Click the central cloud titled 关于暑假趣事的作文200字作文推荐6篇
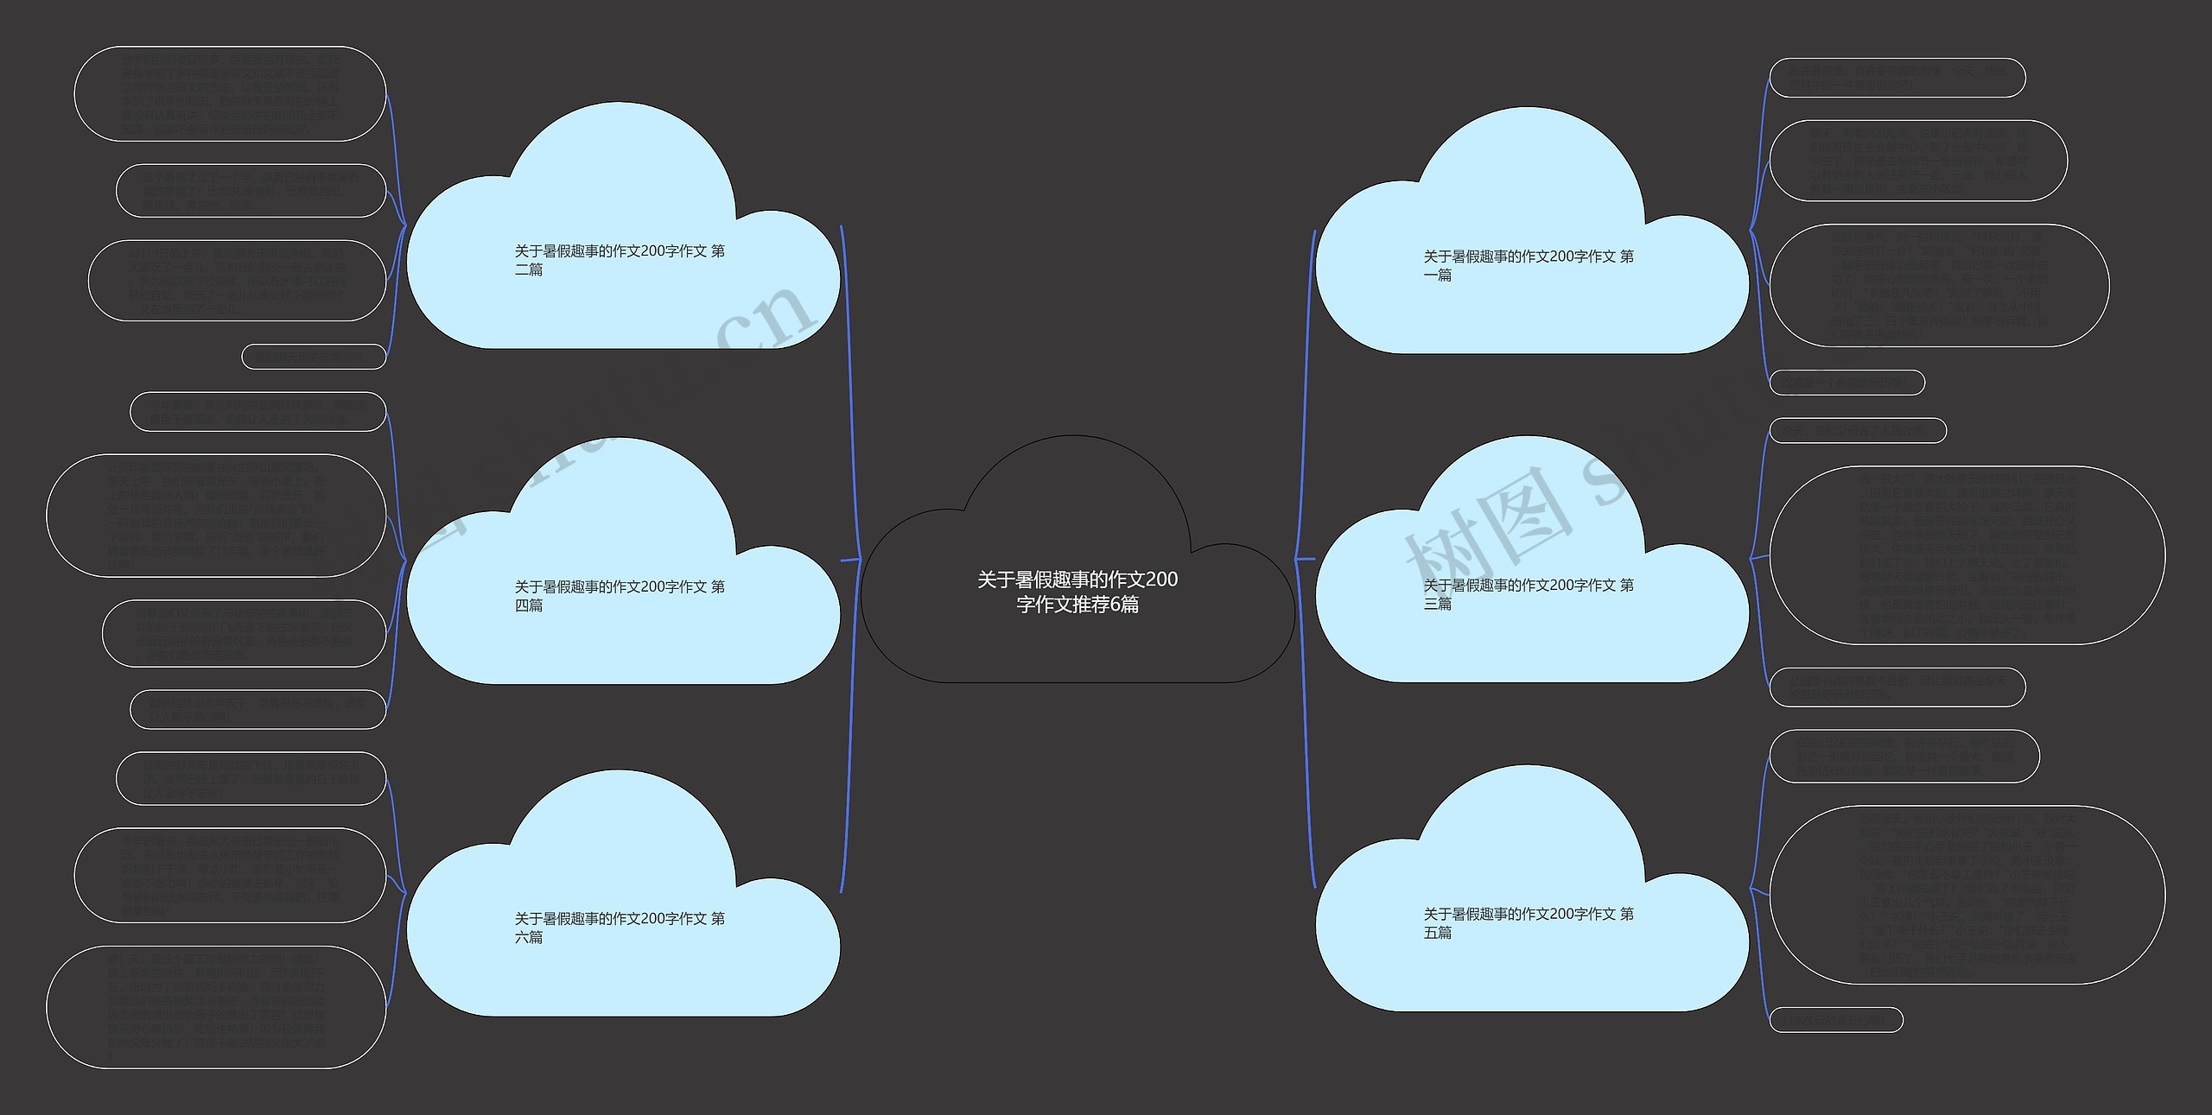coord(1077,591)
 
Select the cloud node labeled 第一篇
coord(1530,265)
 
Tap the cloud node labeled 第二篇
coord(621,260)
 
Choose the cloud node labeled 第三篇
coord(1530,594)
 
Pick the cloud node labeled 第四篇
coord(621,596)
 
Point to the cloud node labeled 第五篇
coord(1530,922)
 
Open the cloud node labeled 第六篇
coord(621,928)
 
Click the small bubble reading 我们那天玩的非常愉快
coord(314,356)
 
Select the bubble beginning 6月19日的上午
coord(237,281)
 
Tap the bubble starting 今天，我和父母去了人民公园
coord(1858,430)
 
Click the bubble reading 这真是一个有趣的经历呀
coord(1847,382)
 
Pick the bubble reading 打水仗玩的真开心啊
coord(1835,1020)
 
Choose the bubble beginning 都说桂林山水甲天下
coord(257,709)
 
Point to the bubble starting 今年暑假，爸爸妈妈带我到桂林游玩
coord(257,412)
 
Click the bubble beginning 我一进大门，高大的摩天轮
coord(1967,555)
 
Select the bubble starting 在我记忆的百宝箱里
coord(1904,757)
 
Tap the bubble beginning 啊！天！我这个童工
coord(216,1007)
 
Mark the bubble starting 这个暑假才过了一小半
coord(251,191)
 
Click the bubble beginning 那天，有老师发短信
coord(1918,161)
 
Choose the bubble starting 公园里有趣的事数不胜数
coord(1897,687)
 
